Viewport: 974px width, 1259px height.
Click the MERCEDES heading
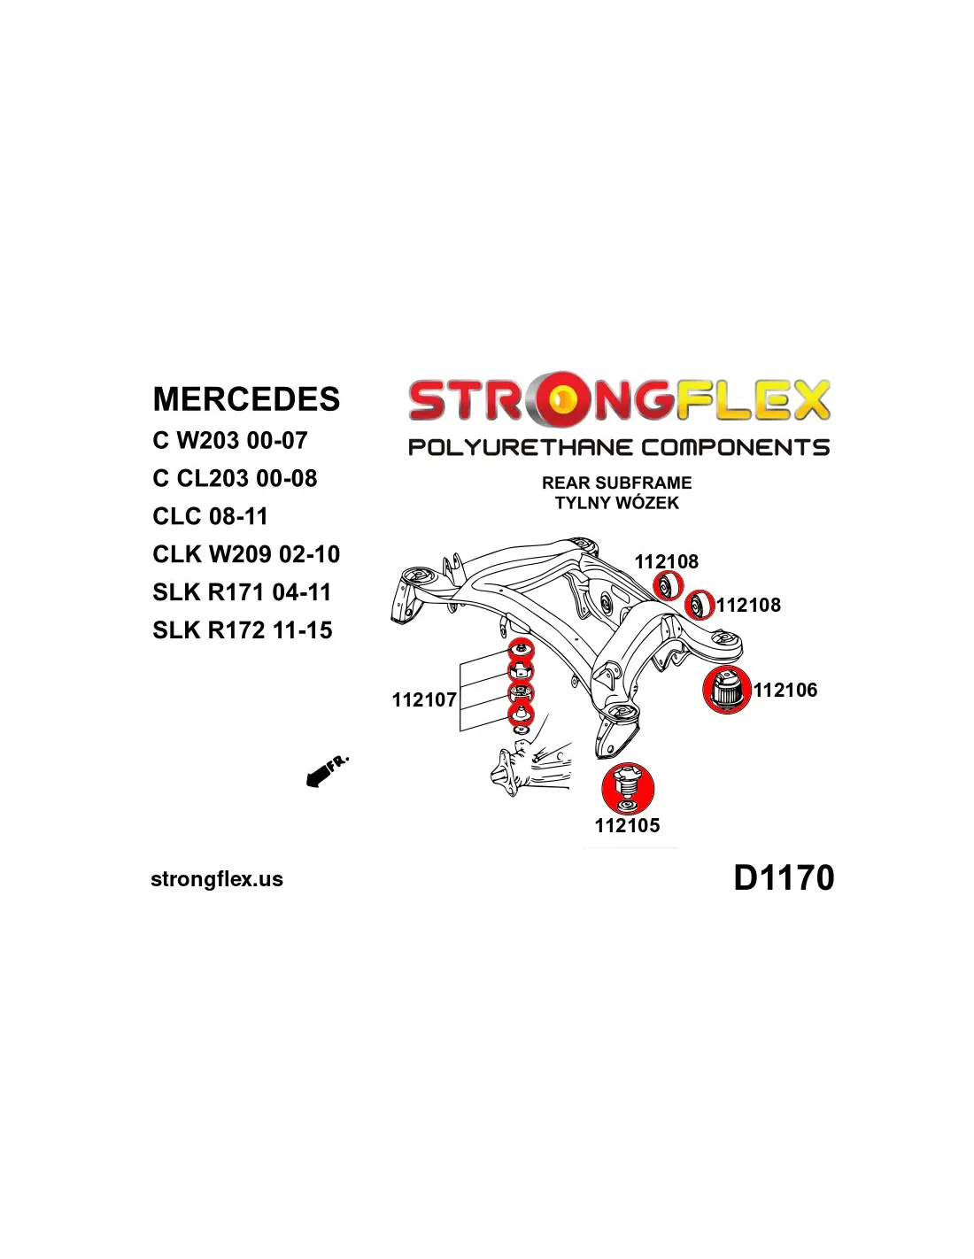click(246, 399)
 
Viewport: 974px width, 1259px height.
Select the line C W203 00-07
click(229, 440)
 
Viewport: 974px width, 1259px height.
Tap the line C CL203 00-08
click(235, 478)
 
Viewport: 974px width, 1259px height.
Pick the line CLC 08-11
click(210, 516)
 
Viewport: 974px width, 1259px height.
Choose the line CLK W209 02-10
click(246, 554)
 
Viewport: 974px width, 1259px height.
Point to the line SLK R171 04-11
click(242, 592)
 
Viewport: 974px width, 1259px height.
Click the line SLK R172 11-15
click(243, 630)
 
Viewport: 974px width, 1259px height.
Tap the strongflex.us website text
click(217, 879)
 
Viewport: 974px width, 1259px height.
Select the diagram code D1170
click(784, 877)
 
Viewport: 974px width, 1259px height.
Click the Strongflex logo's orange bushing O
click(560, 400)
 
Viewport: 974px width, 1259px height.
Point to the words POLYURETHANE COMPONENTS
click(619, 447)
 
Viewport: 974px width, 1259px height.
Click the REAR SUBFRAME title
click(617, 483)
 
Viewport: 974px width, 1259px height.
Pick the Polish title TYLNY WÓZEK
click(617, 503)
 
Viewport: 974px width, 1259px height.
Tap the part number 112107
click(424, 699)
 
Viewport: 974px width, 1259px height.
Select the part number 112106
click(785, 690)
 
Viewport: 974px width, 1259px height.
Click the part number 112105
click(627, 825)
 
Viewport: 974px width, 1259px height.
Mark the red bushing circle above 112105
click(627, 788)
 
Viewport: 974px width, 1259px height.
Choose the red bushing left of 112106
click(727, 690)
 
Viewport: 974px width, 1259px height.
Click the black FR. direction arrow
click(319, 776)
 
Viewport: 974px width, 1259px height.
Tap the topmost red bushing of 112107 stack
click(521, 649)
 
